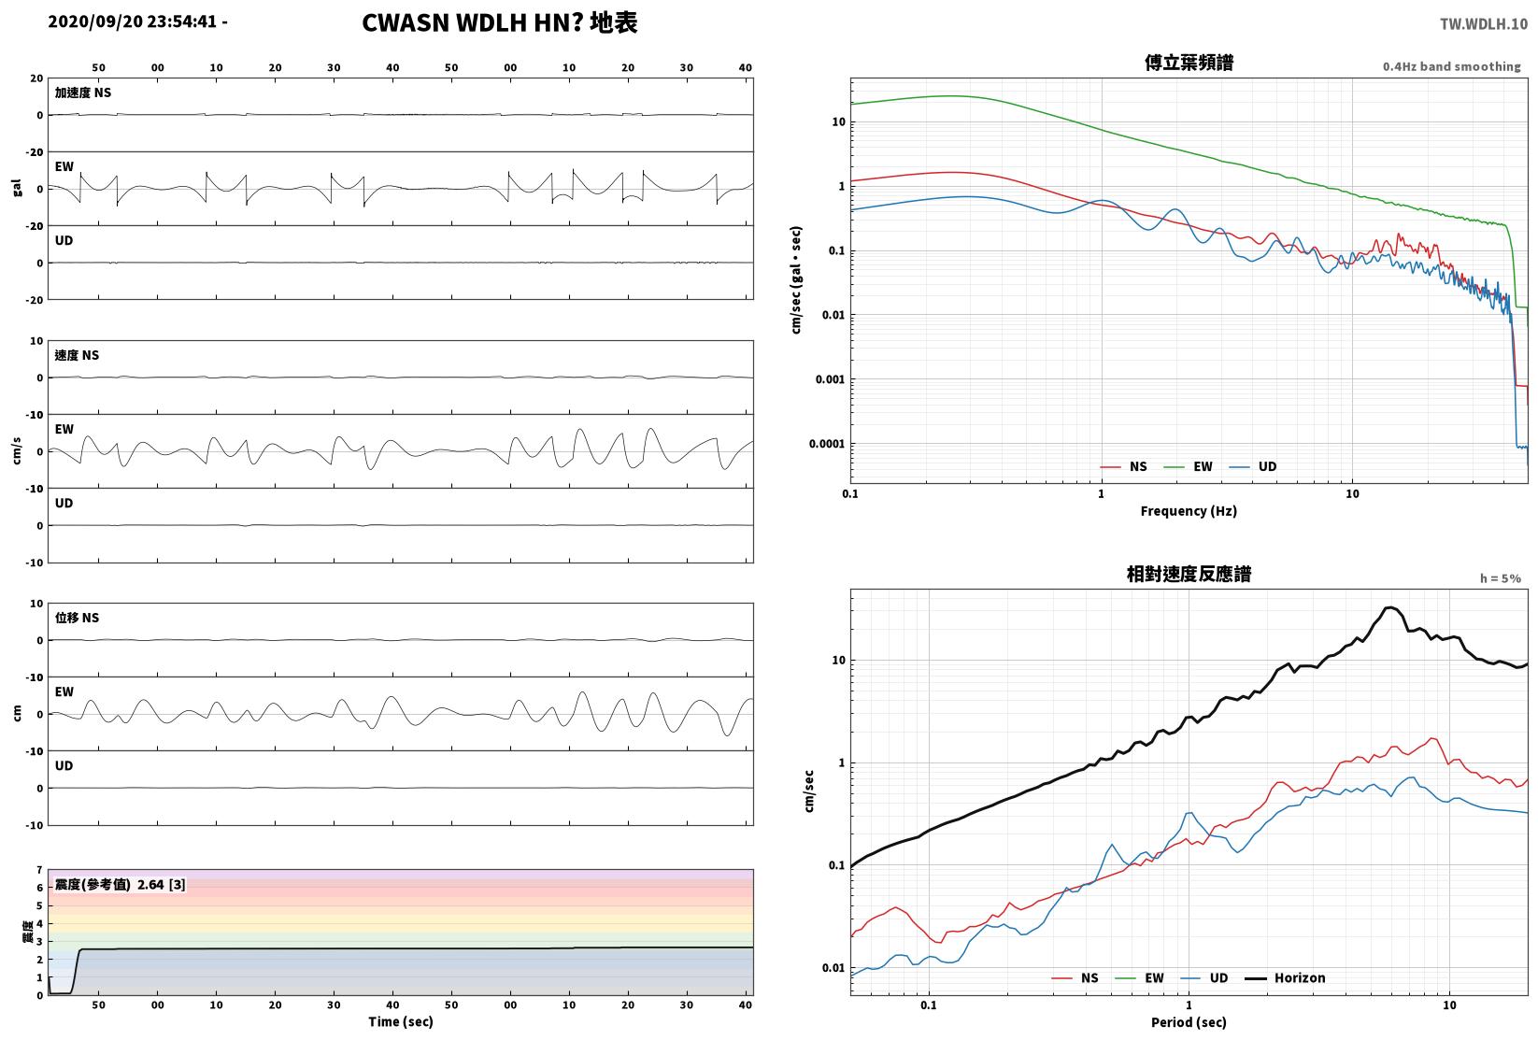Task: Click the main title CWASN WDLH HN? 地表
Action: point(499,22)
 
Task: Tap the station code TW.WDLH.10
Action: point(1484,24)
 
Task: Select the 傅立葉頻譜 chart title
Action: point(1189,63)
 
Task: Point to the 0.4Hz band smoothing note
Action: point(1451,66)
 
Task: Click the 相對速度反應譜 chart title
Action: point(1189,574)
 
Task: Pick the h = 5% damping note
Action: point(1501,578)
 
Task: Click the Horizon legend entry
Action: point(1286,977)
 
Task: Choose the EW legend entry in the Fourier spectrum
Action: point(1189,467)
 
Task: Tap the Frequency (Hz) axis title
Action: point(1189,511)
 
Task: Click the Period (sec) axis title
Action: point(1189,1022)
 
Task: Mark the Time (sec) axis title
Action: point(400,1021)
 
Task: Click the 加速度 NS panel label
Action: point(82,93)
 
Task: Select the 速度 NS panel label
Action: point(77,355)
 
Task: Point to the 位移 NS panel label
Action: point(77,618)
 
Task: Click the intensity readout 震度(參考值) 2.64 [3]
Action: point(121,885)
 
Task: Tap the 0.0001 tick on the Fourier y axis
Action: point(827,444)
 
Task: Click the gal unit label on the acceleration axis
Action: point(17,188)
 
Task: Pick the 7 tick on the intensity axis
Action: point(40,870)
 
